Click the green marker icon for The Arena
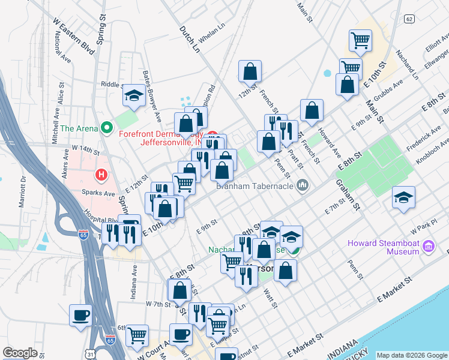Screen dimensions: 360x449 tap(107, 128)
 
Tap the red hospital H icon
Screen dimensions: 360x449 tap(101, 175)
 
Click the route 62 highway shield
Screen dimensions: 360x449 tap(409, 19)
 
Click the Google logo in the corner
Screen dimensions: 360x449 tap(20, 353)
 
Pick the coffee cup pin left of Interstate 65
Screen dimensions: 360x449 tap(80, 314)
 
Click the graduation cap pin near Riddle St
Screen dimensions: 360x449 tap(133, 95)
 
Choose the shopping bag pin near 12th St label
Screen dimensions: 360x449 tap(250, 71)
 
